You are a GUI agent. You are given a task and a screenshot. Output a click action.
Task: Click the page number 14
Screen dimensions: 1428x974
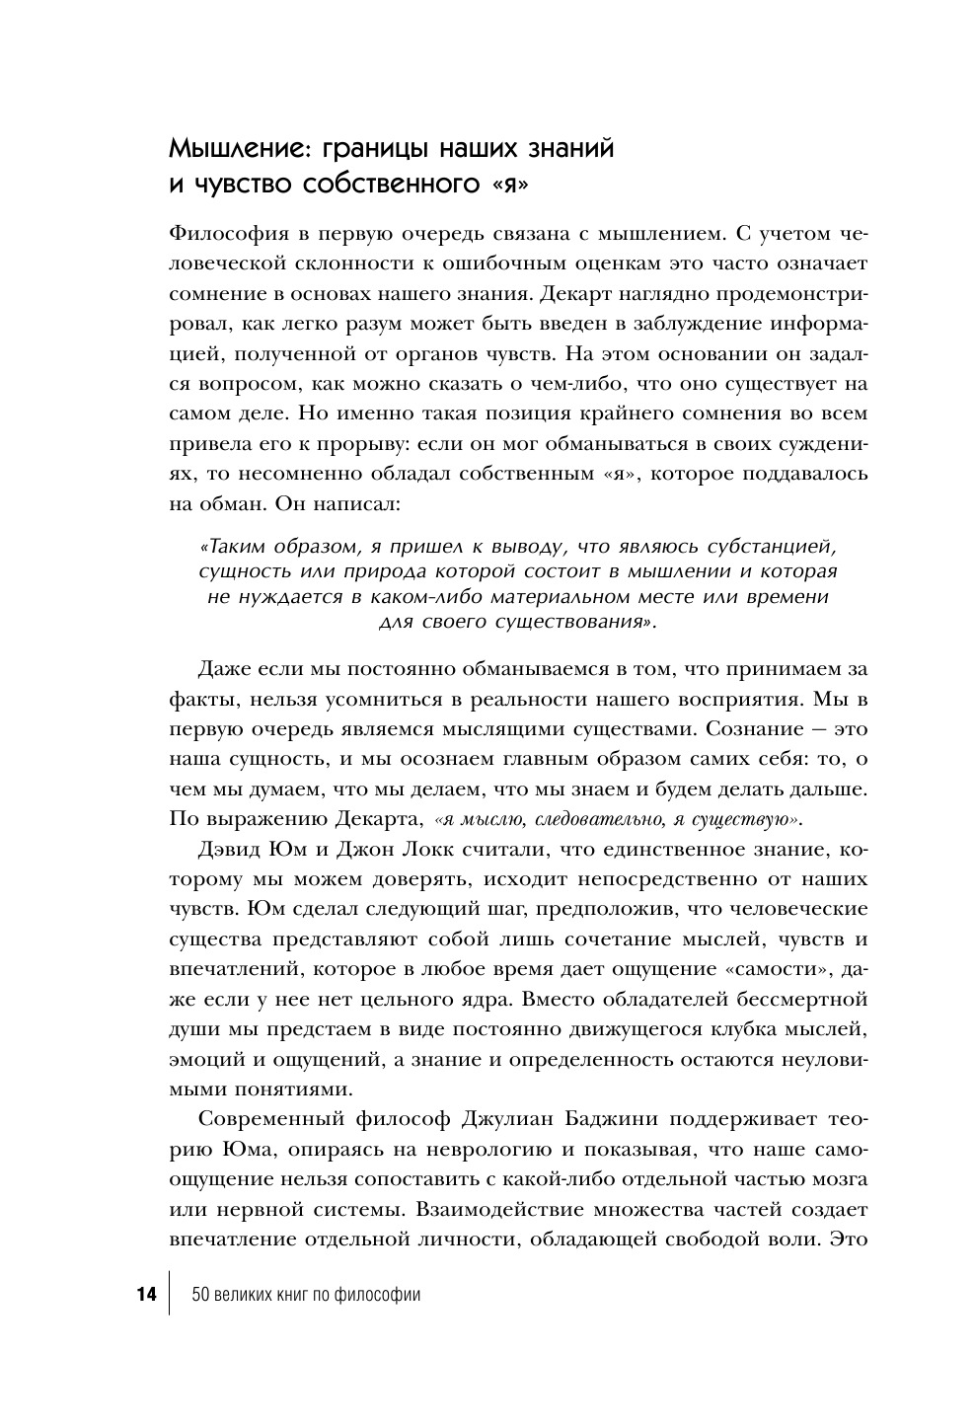[146, 1295]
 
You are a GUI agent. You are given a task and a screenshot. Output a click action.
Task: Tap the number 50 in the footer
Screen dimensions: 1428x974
[200, 1295]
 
